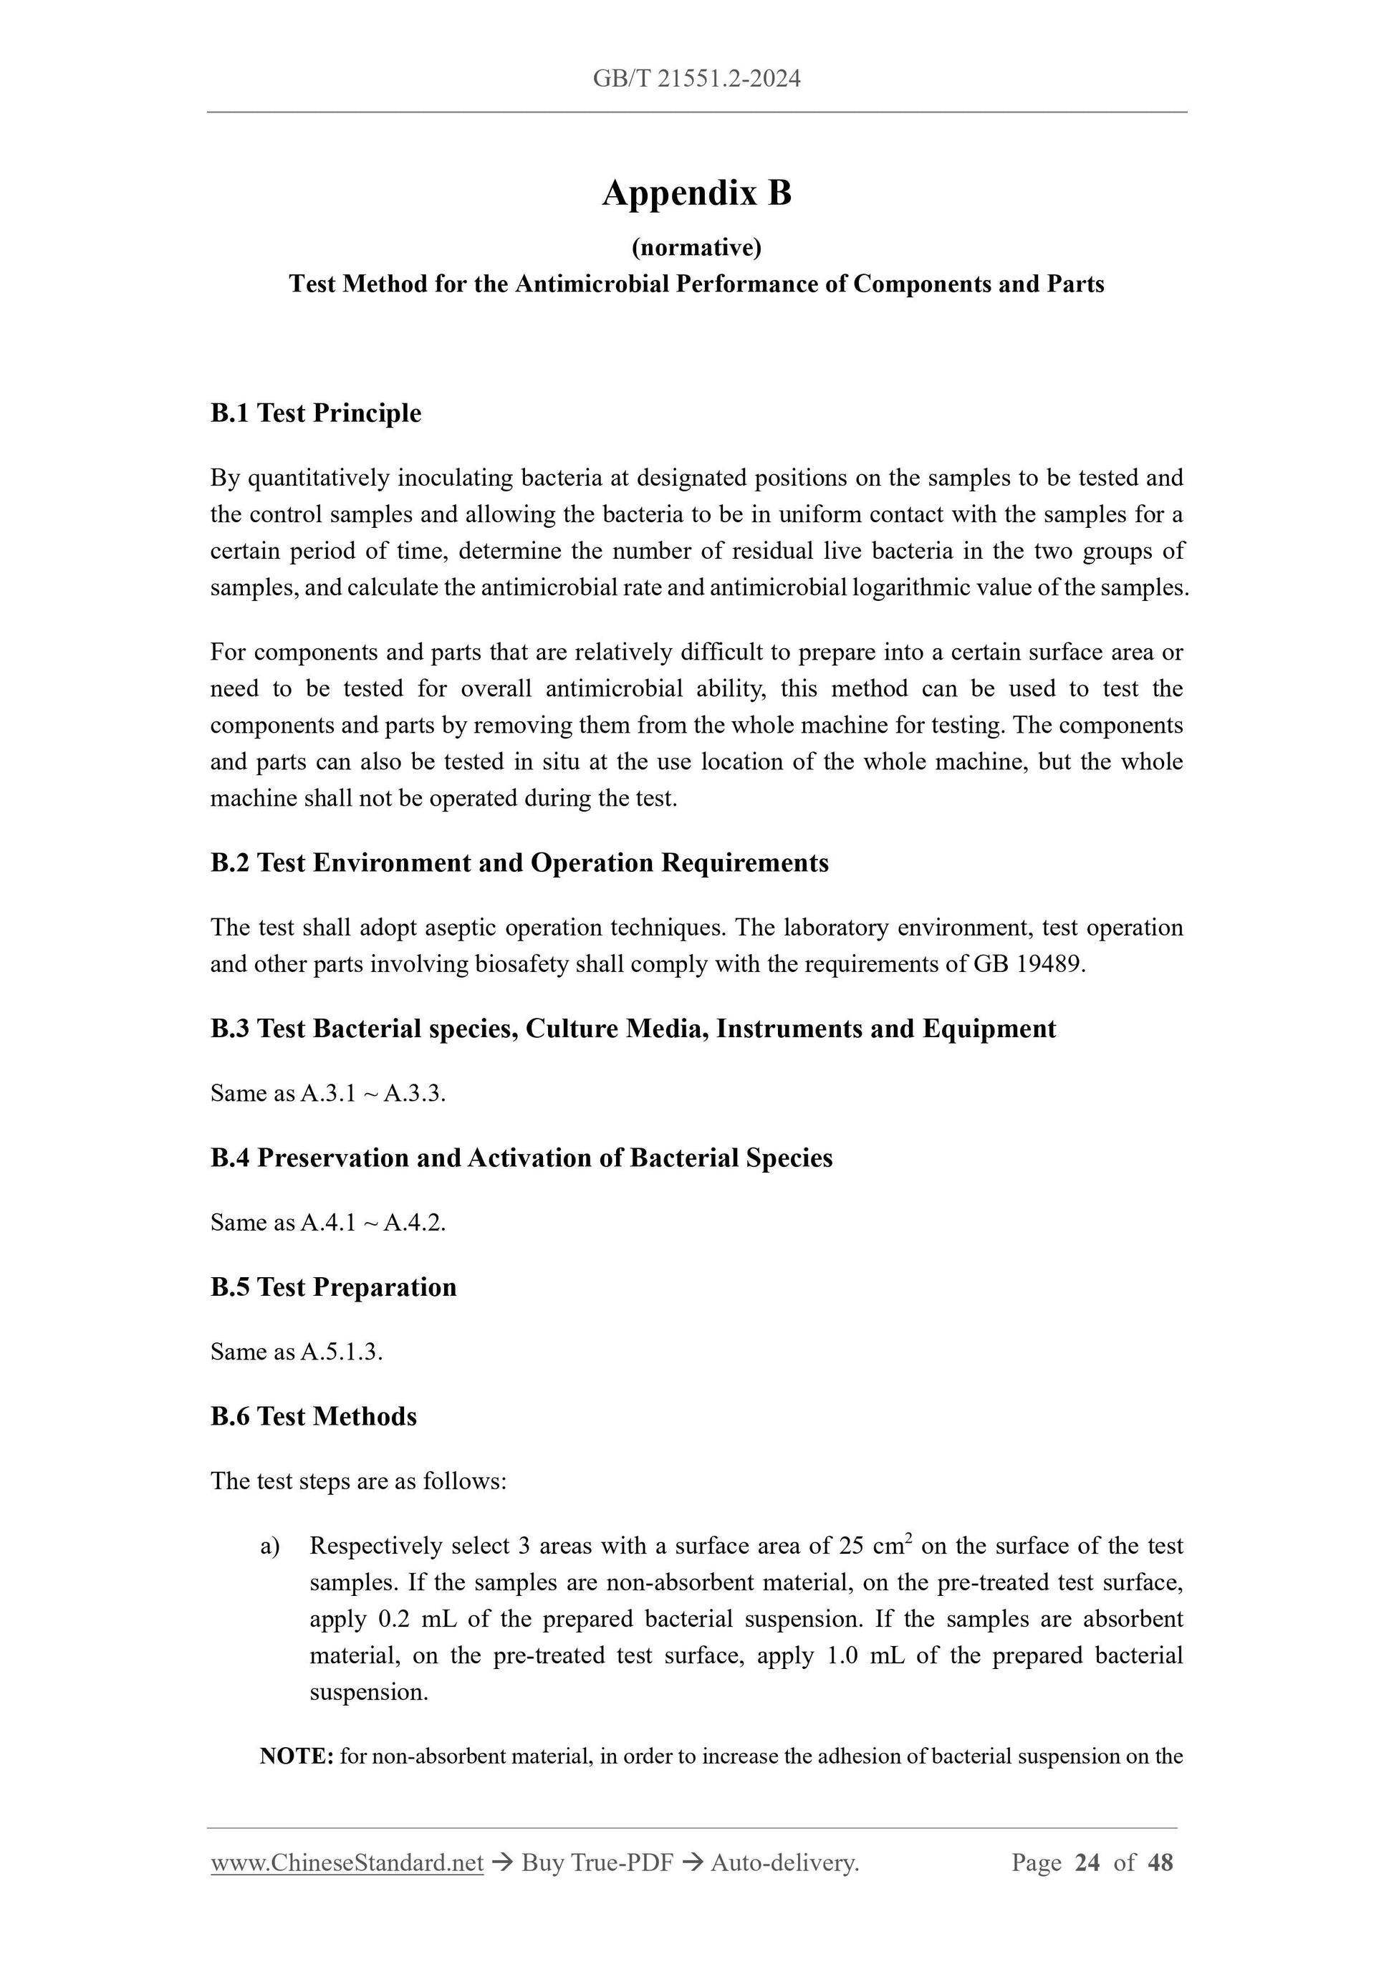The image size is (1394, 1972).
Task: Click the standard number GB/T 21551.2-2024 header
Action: point(696,79)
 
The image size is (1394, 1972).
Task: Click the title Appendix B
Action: point(696,193)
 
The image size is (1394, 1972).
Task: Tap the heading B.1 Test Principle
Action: point(315,413)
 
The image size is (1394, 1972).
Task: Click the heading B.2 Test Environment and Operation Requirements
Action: point(519,862)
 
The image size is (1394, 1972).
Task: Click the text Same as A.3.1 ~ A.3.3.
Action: point(328,1092)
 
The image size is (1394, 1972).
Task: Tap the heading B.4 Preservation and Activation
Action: point(521,1158)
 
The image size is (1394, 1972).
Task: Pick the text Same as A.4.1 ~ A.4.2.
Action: point(328,1222)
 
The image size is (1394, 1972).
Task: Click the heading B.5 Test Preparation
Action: point(333,1286)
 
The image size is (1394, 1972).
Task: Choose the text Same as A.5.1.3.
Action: point(297,1351)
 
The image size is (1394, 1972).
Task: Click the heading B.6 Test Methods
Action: point(314,1416)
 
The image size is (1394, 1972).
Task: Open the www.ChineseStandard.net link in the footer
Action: point(347,1862)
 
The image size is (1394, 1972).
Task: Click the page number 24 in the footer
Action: point(1087,1862)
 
